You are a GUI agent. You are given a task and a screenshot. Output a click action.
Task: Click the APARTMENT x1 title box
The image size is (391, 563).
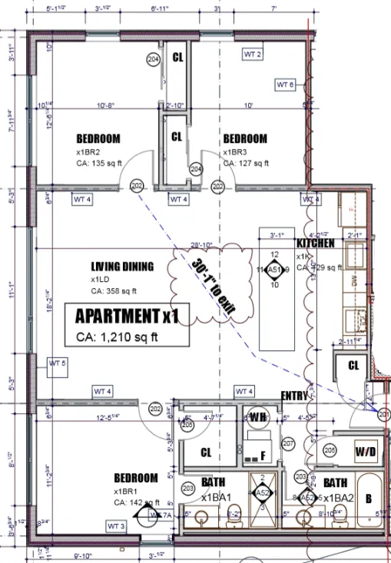point(127,324)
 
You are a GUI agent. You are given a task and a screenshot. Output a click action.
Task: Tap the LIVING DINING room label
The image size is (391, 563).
point(122,267)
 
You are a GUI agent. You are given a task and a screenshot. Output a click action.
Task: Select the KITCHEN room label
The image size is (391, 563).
point(316,243)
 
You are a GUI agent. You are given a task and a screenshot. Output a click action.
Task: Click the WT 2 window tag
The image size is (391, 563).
point(253,54)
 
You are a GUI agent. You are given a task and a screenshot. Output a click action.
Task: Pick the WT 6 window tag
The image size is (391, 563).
point(285,84)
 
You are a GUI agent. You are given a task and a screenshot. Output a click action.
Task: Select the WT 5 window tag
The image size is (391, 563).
point(58,363)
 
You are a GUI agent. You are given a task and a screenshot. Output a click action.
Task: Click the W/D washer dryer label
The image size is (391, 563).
point(366,451)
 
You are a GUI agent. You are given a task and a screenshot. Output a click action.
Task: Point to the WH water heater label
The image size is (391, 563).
point(257,417)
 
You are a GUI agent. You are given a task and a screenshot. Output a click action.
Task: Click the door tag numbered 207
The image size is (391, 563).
point(289,444)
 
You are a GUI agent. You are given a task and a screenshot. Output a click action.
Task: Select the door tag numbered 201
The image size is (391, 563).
point(385,414)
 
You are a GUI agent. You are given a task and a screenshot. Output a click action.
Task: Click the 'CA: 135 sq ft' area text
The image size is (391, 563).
point(99,163)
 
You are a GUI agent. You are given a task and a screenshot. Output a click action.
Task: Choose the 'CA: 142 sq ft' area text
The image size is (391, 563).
point(137,502)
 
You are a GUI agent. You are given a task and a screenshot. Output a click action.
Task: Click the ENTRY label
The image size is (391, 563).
point(293,396)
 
